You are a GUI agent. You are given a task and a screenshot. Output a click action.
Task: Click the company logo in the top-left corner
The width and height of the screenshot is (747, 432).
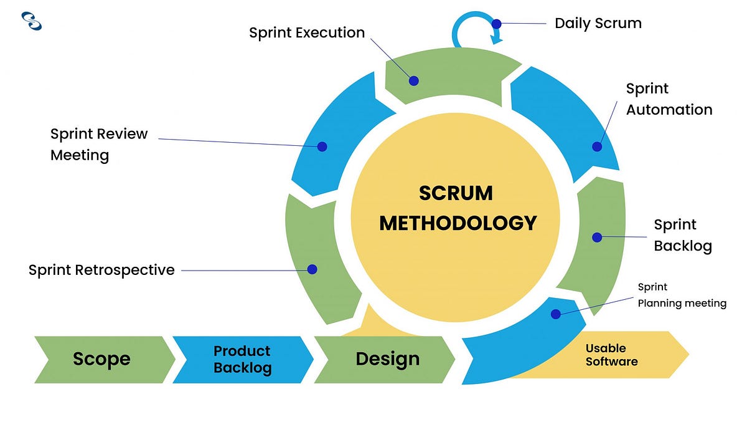tap(31, 21)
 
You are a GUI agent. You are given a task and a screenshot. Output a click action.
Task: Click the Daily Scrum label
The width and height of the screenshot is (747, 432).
tap(598, 24)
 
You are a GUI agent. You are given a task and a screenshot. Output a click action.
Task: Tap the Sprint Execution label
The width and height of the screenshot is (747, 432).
tap(307, 32)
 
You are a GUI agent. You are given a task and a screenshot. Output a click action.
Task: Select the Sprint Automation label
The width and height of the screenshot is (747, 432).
tap(669, 99)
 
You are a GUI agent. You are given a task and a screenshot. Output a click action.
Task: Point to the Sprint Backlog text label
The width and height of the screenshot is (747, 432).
tap(682, 235)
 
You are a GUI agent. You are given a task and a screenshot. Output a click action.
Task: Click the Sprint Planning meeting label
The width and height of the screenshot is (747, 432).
tap(682, 295)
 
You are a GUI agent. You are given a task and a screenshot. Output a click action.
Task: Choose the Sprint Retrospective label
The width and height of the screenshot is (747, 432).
tap(101, 270)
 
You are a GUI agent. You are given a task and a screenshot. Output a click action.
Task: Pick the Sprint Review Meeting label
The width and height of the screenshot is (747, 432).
tap(99, 144)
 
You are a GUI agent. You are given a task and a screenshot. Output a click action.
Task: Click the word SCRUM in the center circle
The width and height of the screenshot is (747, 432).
tap(456, 193)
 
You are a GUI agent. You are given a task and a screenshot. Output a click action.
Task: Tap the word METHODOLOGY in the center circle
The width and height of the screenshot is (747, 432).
tap(458, 223)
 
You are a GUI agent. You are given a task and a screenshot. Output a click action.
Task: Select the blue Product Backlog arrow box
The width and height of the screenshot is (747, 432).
tap(242, 359)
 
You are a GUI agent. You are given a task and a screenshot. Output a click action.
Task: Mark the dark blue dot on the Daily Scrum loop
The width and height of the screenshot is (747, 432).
tap(496, 24)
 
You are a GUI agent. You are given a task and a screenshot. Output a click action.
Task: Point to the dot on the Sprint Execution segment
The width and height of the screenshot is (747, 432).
tap(413, 80)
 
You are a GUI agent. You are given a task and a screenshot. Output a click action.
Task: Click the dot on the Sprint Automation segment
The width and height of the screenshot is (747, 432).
tap(597, 146)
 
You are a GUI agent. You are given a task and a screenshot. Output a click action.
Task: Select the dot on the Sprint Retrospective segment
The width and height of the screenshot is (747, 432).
tap(312, 269)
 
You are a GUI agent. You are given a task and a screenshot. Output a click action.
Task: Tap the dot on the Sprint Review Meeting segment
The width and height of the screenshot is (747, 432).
tap(322, 146)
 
